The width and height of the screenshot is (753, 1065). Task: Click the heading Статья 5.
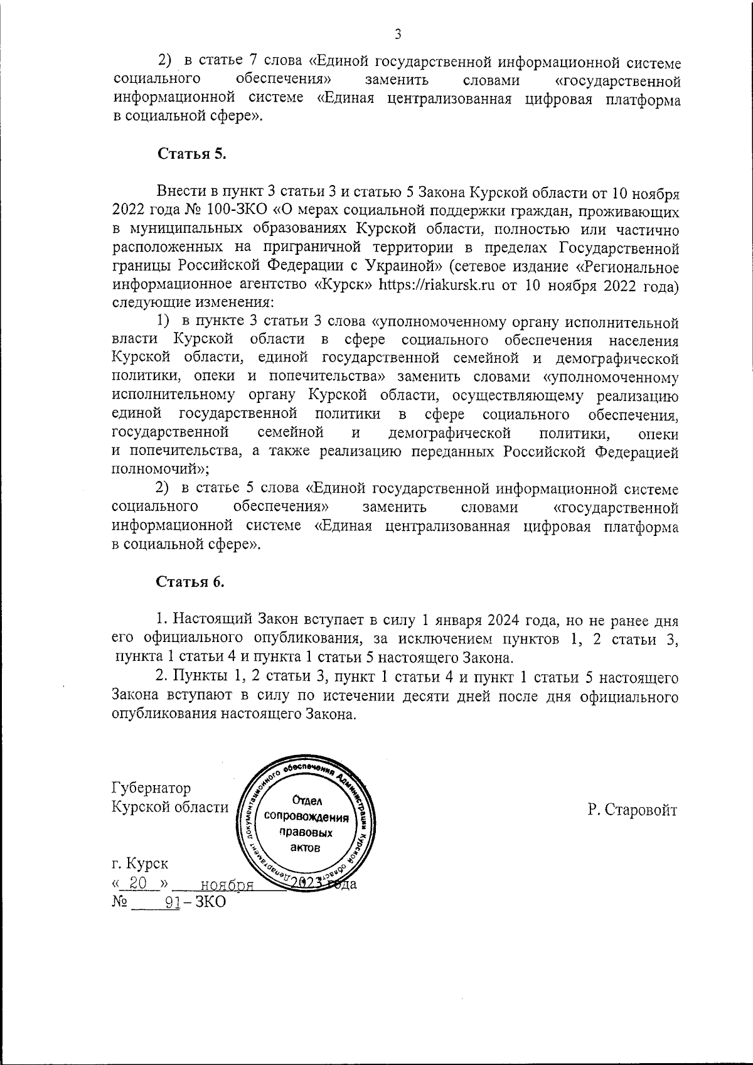coord(191,154)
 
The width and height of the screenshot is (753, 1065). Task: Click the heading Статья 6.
coord(190,582)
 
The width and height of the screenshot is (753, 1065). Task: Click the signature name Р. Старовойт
coord(633,810)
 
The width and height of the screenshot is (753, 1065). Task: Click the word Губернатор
coord(151,788)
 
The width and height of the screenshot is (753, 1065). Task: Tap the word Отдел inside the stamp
coord(307,801)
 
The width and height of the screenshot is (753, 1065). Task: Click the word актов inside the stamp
coord(306,847)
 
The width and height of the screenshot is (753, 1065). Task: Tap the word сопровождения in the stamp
coord(306,818)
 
